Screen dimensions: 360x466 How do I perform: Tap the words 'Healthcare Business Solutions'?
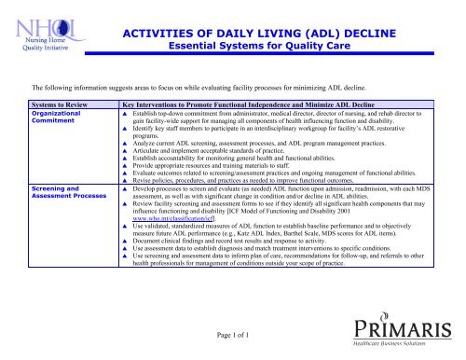point(409,349)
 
